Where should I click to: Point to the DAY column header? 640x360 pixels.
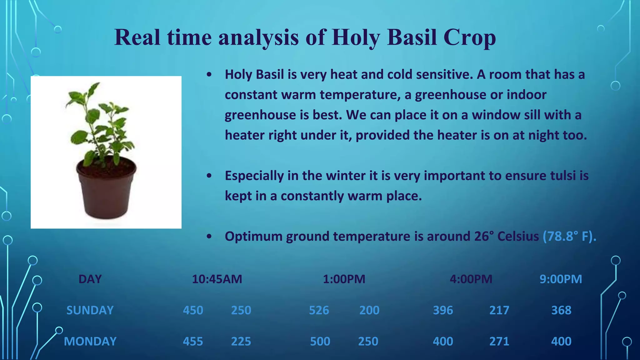click(x=90, y=279)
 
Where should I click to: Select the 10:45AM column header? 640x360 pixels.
click(x=217, y=279)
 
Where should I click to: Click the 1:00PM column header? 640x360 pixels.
click(x=344, y=279)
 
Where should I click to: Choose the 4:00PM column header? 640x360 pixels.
click(x=471, y=279)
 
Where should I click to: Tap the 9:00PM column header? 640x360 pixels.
click(x=561, y=279)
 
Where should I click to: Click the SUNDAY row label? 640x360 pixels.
click(x=90, y=310)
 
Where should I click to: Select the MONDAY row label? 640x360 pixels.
click(x=90, y=342)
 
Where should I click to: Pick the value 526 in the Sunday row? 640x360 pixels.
click(x=319, y=310)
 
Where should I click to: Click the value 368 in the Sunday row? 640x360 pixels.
click(x=561, y=310)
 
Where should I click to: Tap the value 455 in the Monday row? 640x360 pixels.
click(x=193, y=342)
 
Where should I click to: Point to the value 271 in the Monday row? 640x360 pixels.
click(x=499, y=342)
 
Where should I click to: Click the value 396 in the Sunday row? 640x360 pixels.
click(x=443, y=310)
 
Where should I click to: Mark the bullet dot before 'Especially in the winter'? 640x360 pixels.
click(x=209, y=176)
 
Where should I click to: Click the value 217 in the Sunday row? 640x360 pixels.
click(x=499, y=310)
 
